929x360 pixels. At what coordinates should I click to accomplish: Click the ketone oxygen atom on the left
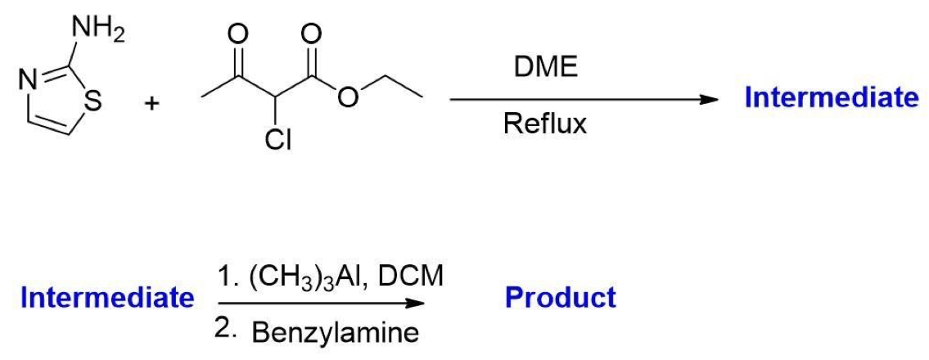[x=239, y=34]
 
